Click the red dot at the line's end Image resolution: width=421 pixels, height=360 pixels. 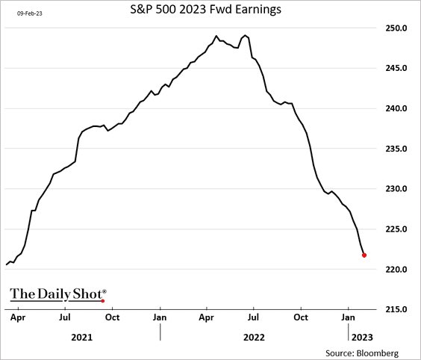coord(364,255)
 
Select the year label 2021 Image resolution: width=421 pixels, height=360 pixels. coord(82,338)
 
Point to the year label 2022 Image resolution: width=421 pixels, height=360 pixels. coord(255,338)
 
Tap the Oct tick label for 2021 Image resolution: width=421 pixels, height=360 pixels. coord(113,317)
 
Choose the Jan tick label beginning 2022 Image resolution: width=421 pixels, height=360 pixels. coord(160,317)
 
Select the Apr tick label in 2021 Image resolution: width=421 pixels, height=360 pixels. coord(18,317)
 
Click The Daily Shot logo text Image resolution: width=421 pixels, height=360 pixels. coord(57,294)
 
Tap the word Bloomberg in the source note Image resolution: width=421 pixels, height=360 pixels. coord(378,352)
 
